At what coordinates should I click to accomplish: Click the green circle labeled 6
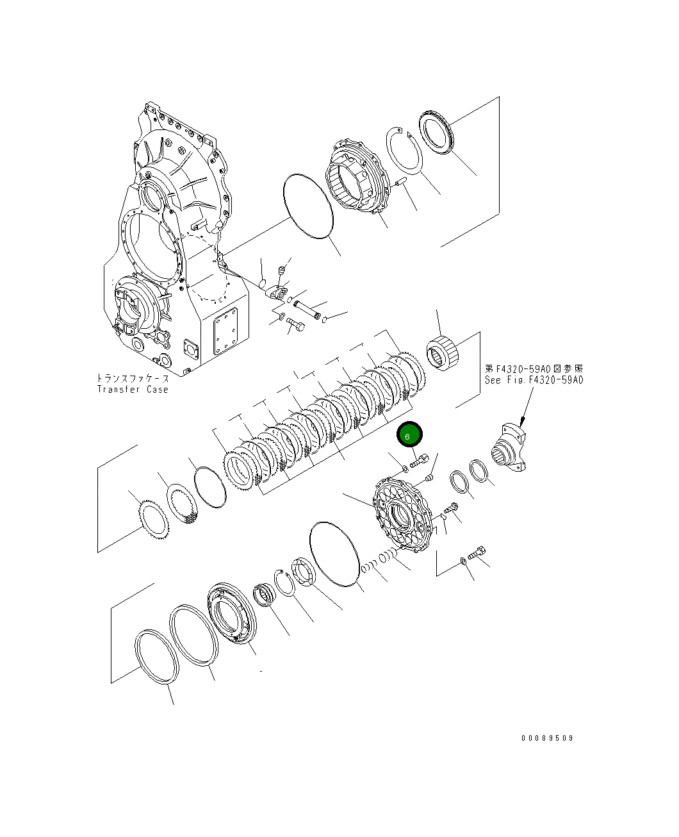point(409,435)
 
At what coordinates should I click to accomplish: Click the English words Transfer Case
point(133,389)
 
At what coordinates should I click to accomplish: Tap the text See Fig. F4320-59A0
point(534,379)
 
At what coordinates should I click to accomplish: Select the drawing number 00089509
point(547,738)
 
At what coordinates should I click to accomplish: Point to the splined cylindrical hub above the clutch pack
point(443,354)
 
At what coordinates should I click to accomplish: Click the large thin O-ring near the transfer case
point(308,206)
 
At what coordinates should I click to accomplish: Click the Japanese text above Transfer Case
point(133,378)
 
